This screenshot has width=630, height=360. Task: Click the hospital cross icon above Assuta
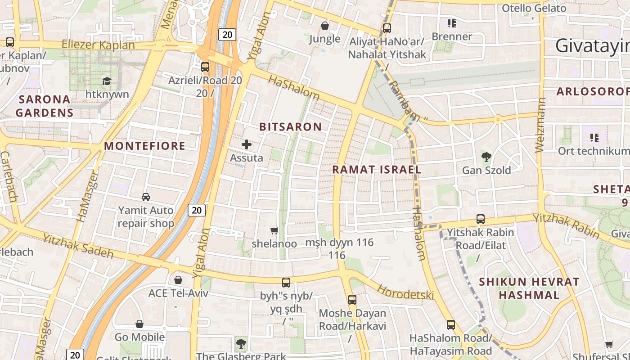click(x=247, y=144)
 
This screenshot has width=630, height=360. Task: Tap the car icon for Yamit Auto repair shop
click(x=146, y=197)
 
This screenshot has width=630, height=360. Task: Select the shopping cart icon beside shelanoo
click(x=274, y=231)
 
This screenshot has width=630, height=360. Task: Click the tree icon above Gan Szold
click(x=486, y=157)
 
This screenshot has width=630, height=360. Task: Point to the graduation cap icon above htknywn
click(x=107, y=81)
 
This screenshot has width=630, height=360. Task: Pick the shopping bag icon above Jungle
click(x=324, y=26)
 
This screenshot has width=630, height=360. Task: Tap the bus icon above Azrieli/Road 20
click(x=205, y=67)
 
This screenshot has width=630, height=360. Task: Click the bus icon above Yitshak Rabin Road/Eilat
click(x=481, y=219)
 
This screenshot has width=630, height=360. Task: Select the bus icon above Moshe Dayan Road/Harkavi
click(x=352, y=299)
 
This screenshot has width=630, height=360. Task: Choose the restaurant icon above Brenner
click(x=452, y=23)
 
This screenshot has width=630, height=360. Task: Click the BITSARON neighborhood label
click(x=291, y=127)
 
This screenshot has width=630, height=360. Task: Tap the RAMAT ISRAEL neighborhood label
click(x=377, y=170)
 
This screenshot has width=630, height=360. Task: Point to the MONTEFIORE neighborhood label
click(x=144, y=146)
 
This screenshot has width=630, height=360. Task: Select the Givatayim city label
click(x=592, y=46)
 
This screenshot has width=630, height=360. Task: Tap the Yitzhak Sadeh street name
click(x=78, y=246)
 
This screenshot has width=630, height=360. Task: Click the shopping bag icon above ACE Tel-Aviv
click(x=178, y=280)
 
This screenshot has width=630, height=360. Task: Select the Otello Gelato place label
click(x=534, y=8)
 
